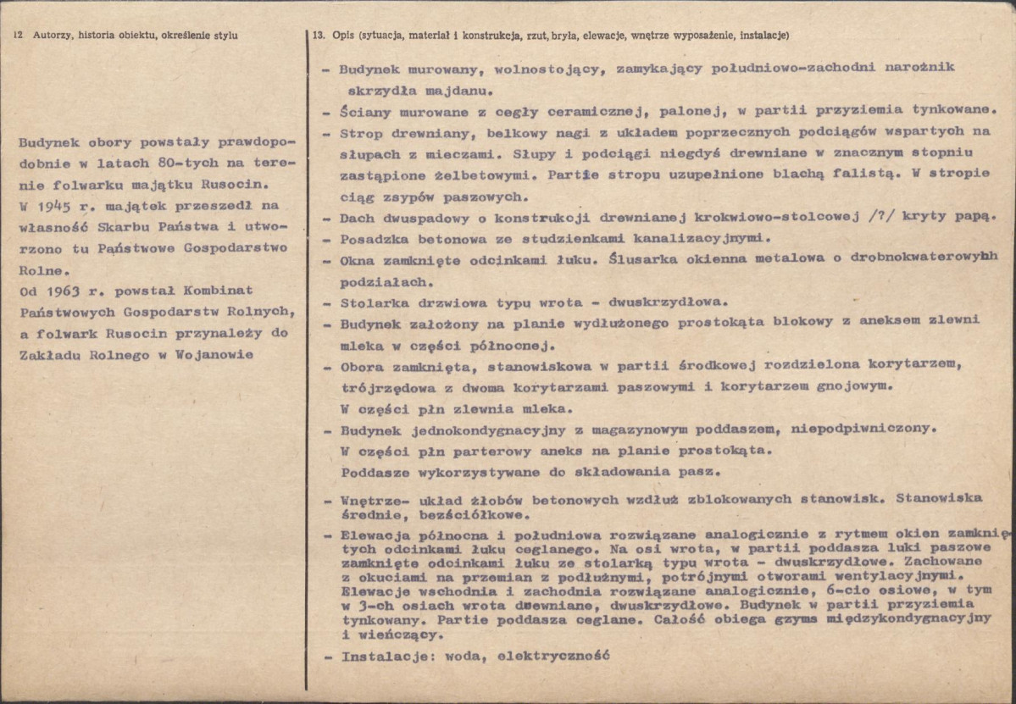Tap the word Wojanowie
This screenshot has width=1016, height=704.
(x=212, y=355)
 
